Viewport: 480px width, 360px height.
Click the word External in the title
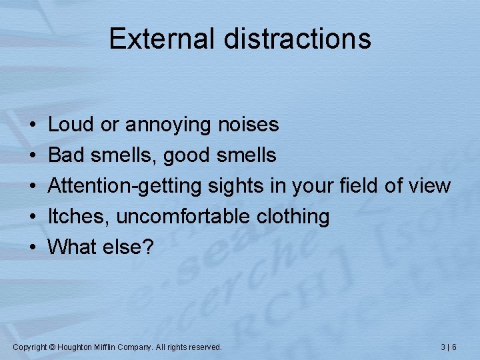162,39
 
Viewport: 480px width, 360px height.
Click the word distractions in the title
297,39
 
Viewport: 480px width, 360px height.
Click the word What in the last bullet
74,247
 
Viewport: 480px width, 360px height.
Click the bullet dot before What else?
33,247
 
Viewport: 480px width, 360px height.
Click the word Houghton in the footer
79,347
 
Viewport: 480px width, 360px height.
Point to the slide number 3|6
449,347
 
